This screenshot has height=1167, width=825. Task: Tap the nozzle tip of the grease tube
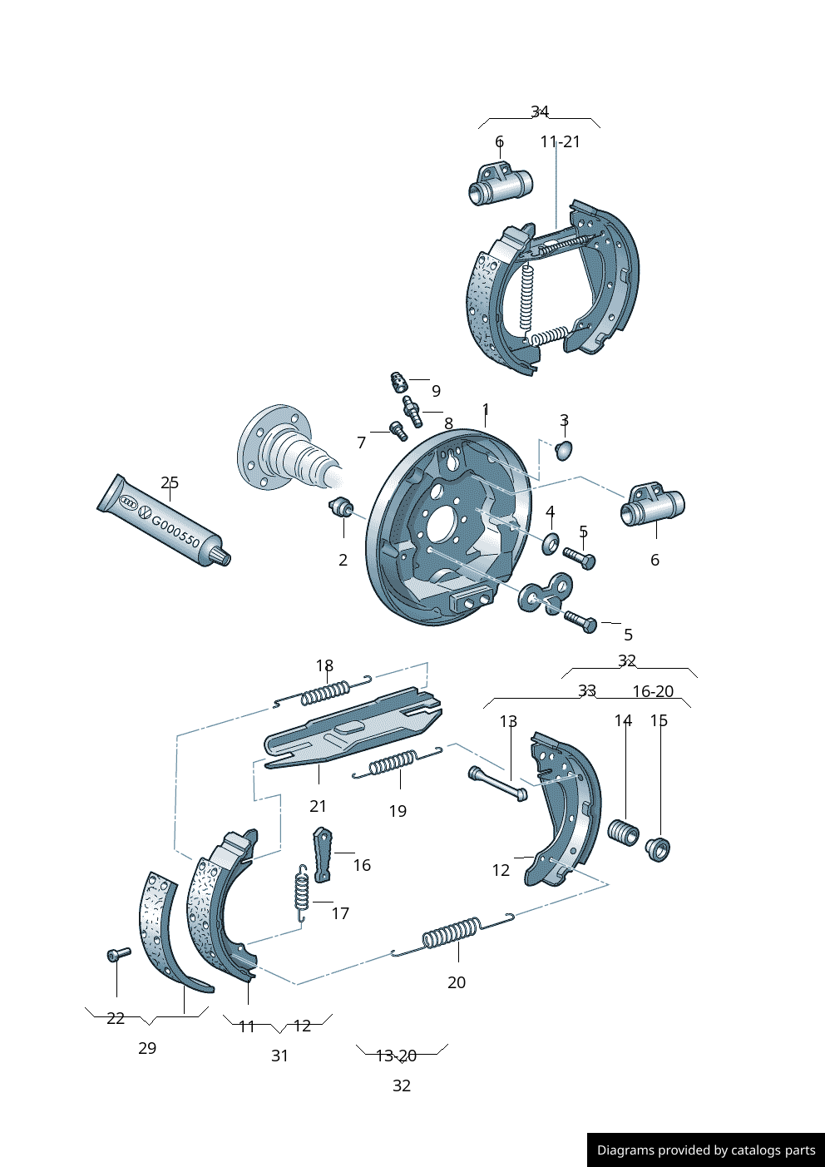[223, 557]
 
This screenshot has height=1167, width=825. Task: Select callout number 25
[170, 482]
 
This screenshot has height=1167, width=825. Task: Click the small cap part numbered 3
[564, 450]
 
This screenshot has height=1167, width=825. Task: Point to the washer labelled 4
[551, 545]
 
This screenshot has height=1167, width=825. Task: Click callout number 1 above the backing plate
[486, 409]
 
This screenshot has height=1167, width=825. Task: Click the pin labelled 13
[497, 783]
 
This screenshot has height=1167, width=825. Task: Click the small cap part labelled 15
[658, 849]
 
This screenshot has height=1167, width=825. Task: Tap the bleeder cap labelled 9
[398, 383]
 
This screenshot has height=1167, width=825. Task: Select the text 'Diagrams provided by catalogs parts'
[706, 1150]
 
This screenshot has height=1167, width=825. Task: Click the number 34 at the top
[540, 111]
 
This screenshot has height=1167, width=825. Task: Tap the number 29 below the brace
[147, 1048]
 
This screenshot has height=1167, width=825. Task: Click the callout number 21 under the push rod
[318, 806]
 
